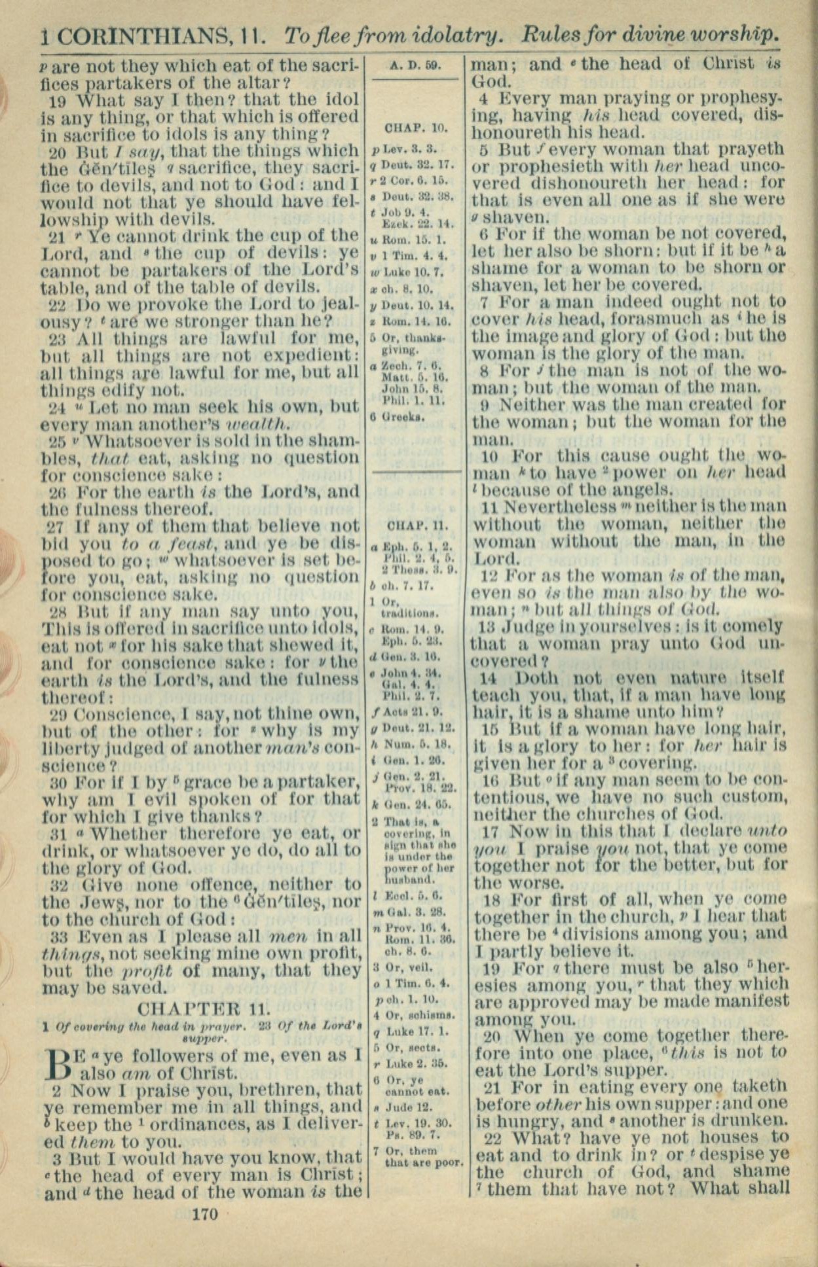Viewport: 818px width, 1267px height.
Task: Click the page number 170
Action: click(x=205, y=1214)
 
